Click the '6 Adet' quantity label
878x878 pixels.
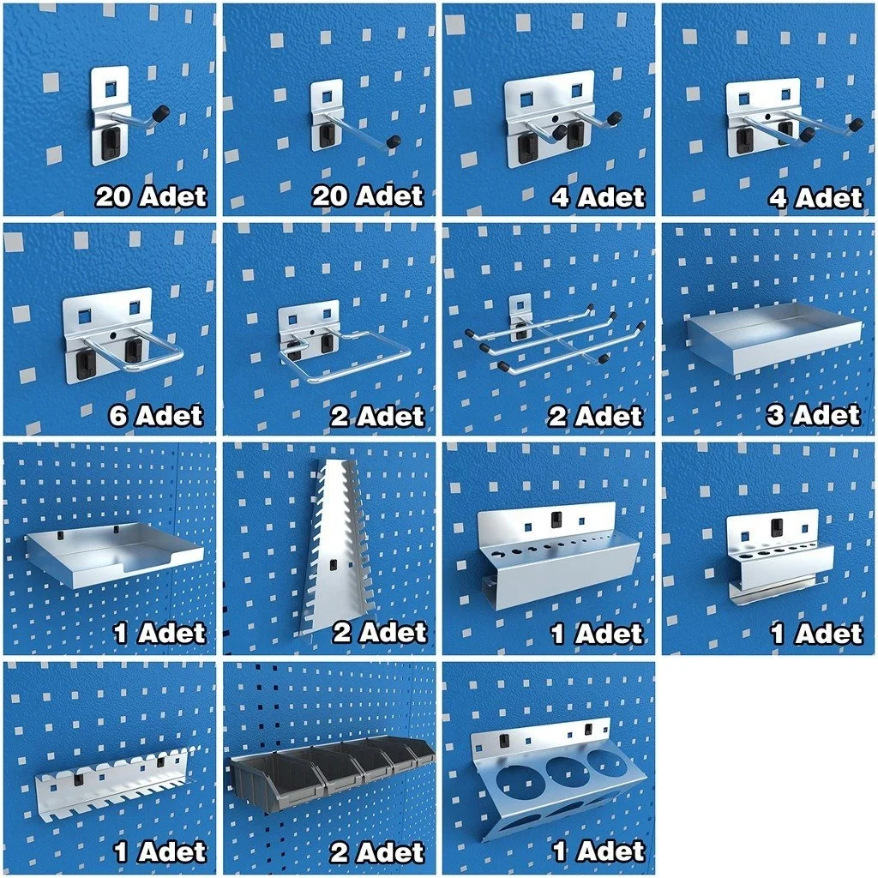pyautogui.click(x=156, y=416)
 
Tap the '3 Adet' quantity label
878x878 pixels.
pyautogui.click(x=813, y=416)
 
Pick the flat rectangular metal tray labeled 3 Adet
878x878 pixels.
pyautogui.click(x=772, y=339)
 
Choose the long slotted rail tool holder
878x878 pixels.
pyautogui.click(x=111, y=785)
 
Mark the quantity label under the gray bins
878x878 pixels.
pyautogui.click(x=377, y=852)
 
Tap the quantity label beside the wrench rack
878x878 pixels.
pyautogui.click(x=378, y=634)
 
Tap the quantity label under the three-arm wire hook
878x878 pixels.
pyautogui.click(x=596, y=417)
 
